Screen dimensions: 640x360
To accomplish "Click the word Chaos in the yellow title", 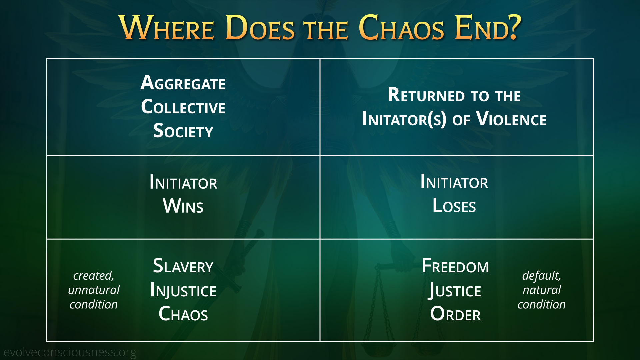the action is [401, 27].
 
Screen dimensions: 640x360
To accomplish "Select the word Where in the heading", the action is [166, 27].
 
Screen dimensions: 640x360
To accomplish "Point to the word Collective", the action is [183, 107].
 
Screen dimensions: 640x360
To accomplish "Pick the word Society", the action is [183, 130].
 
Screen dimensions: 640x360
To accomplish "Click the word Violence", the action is [511, 119].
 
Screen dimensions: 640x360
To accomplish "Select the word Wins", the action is [183, 206].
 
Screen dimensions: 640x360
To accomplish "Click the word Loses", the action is [454, 205].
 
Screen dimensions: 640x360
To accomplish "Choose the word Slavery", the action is [183, 266].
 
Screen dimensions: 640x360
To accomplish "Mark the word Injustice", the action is [183, 290].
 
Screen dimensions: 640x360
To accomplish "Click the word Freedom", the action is [455, 266].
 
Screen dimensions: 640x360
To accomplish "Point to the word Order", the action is [455, 314].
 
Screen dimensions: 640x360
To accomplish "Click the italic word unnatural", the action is [94, 290].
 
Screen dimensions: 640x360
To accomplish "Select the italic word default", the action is [541, 276].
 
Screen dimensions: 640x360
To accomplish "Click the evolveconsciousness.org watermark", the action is [70, 352].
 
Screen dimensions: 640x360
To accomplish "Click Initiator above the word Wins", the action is [183, 182].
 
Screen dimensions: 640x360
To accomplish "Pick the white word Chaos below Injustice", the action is [183, 314].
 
